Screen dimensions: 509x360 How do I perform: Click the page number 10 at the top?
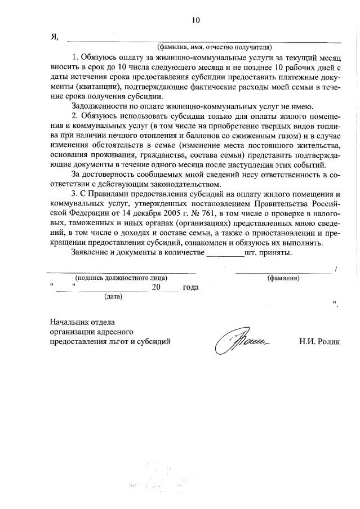point(195,20)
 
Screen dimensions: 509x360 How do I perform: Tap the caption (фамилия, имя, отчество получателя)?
point(215,47)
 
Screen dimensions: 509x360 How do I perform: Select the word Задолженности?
point(99,106)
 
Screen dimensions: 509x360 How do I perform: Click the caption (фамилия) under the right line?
point(283,278)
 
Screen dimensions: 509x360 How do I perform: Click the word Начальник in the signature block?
point(68,322)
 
